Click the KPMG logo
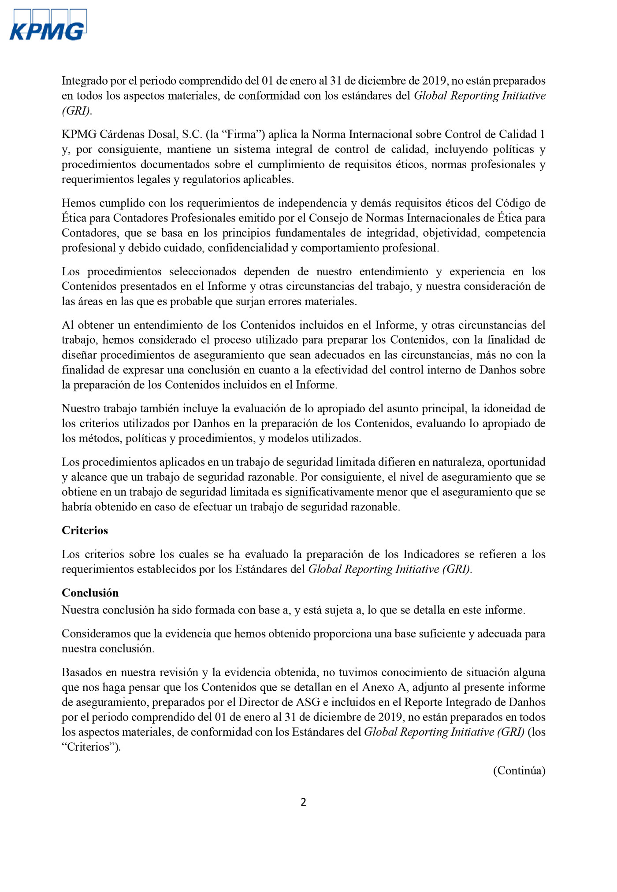click(48, 26)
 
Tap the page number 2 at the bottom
click(303, 802)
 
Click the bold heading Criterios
click(85, 530)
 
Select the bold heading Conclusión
click(90, 592)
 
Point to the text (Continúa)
click(519, 770)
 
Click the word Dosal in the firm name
click(166, 134)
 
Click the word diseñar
click(80, 355)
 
